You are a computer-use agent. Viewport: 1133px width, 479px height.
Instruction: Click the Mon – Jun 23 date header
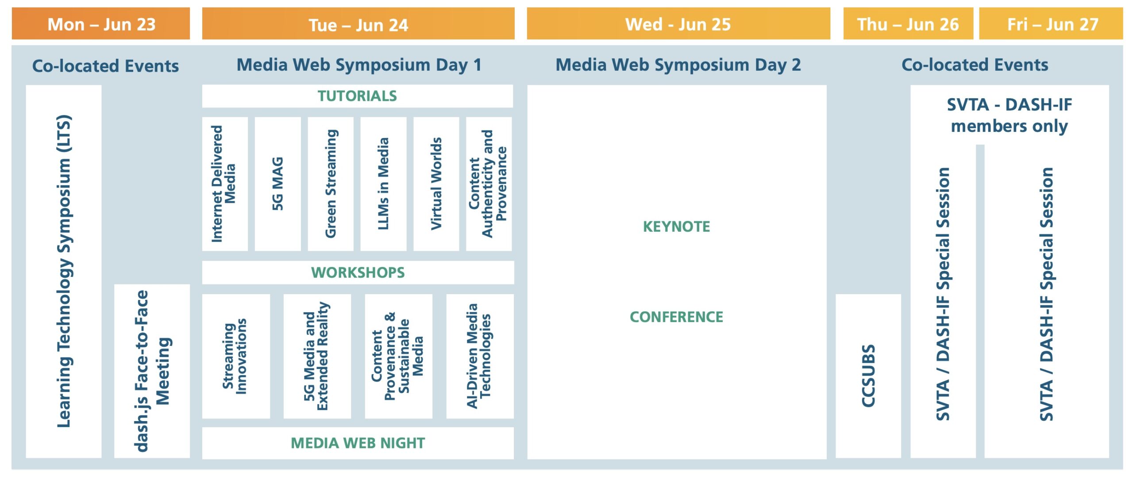tap(101, 24)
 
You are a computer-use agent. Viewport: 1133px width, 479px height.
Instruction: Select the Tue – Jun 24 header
tap(358, 24)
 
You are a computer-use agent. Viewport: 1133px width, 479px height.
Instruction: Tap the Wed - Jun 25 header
tap(678, 24)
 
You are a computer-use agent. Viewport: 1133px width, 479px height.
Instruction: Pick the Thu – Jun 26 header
tap(908, 24)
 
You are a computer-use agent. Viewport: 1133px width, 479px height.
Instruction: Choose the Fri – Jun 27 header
tap(1051, 24)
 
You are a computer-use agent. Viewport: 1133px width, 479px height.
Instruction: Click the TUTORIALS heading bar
tap(358, 96)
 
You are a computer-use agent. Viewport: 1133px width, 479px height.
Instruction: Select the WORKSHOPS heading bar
tap(358, 272)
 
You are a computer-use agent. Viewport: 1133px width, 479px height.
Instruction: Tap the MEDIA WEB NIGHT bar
tap(358, 443)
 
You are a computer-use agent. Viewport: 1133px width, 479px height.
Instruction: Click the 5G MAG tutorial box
tap(277, 184)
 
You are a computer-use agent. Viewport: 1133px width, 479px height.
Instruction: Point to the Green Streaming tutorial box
tap(331, 184)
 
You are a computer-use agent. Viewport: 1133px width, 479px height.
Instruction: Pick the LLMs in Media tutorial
tap(383, 184)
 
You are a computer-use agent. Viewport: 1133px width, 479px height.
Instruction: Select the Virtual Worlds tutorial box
tap(436, 184)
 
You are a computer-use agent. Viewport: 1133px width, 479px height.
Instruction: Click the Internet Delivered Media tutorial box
tap(225, 184)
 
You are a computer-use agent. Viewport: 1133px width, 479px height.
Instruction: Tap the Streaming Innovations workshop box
tap(236, 356)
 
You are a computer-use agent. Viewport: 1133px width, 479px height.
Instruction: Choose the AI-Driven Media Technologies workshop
tap(480, 356)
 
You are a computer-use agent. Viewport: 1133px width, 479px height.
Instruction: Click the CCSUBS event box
tap(868, 376)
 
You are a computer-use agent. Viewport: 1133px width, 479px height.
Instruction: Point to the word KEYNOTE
tap(676, 226)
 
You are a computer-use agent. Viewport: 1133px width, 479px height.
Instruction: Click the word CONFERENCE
tap(676, 317)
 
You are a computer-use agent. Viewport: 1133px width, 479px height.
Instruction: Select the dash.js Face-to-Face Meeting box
tap(152, 371)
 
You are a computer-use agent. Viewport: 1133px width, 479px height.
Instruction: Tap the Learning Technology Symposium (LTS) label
tap(64, 271)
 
